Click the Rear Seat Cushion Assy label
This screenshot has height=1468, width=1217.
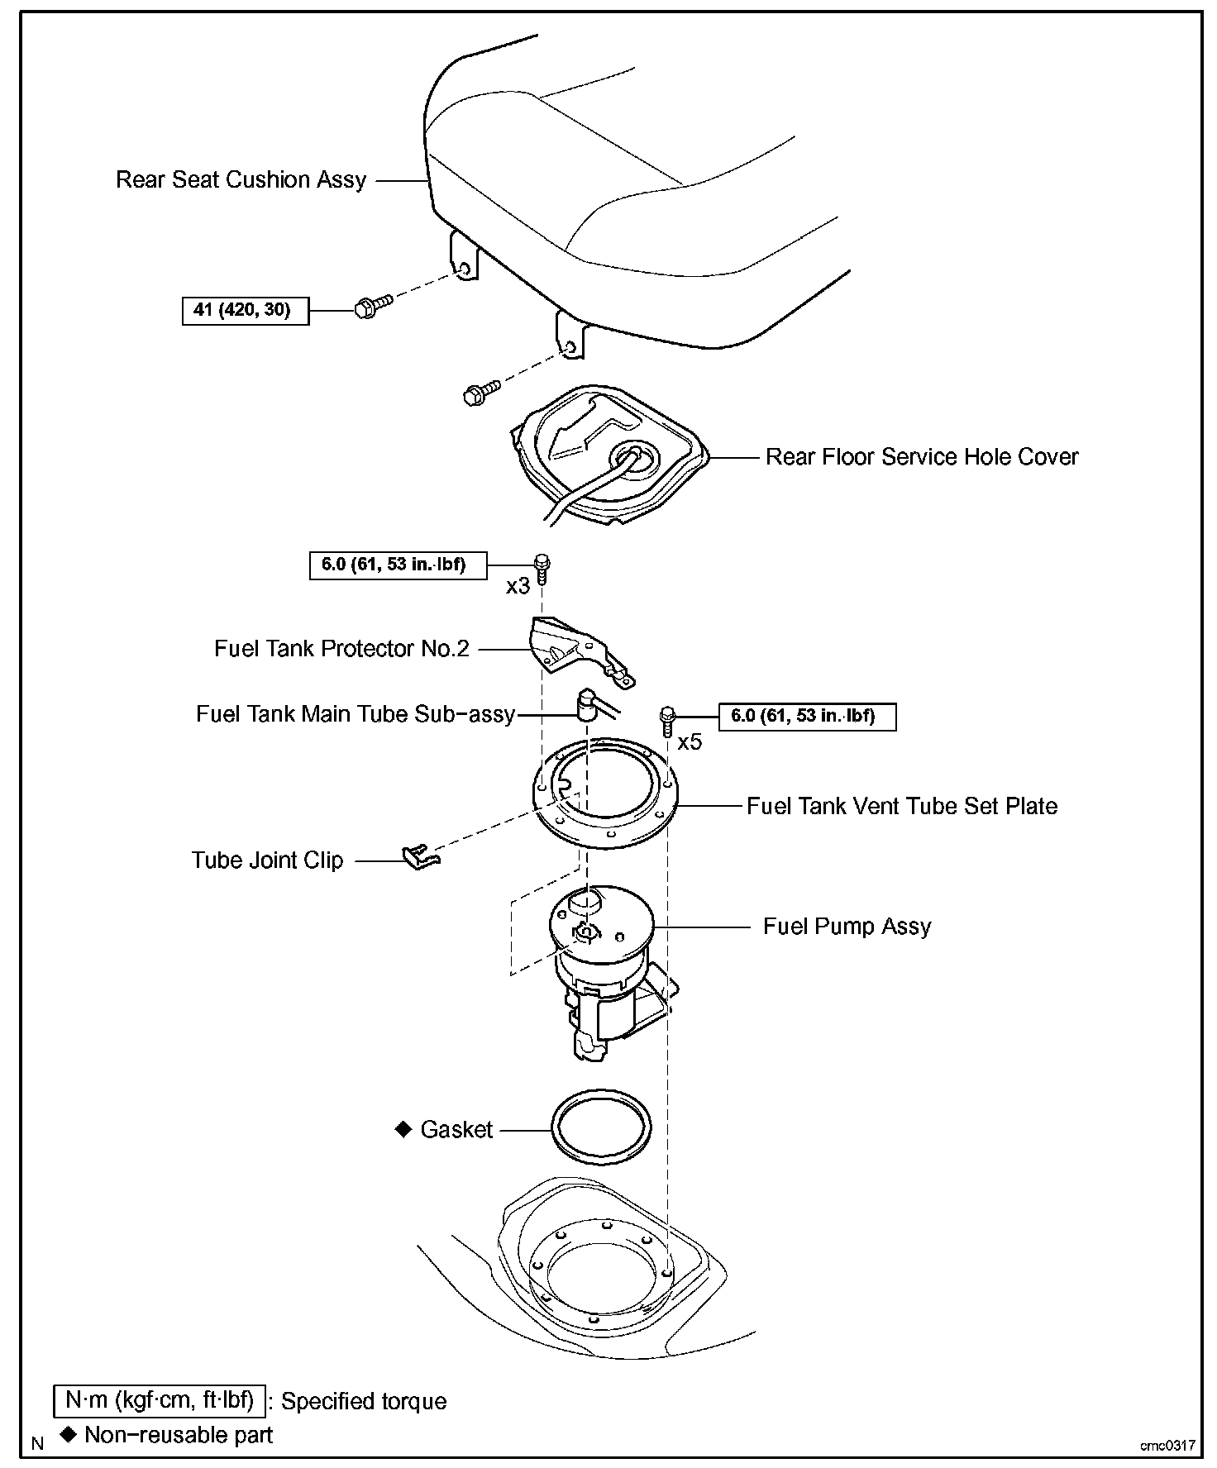coord(241,180)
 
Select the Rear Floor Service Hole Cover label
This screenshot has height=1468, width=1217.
coord(921,457)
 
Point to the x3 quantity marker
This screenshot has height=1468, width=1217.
coord(518,586)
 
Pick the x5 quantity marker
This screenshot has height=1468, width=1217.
coord(690,742)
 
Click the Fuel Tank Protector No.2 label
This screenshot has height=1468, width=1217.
coord(341,649)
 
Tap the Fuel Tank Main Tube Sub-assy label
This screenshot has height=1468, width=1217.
coord(356,714)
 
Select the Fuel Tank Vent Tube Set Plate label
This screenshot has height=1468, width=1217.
coord(901,807)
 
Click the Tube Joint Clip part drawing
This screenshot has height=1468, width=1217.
coord(422,856)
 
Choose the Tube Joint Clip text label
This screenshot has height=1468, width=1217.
coord(267,860)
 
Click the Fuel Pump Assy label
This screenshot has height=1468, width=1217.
coord(847,927)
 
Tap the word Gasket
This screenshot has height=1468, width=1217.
coord(456,1130)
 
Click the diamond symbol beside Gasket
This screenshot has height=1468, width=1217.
coord(403,1129)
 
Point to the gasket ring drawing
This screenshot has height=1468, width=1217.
coord(601,1128)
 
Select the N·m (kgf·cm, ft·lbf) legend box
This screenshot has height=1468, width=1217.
coord(160,1400)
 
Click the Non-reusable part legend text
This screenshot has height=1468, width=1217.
coord(179,1435)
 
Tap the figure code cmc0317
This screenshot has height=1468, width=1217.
coord(1167,1446)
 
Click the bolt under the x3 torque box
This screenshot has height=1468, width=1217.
coord(542,569)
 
